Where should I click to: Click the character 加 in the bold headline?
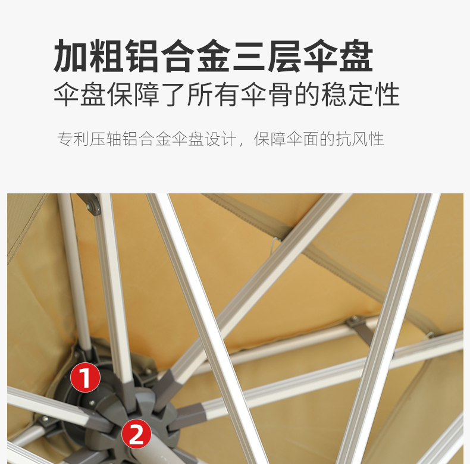pyautogui.click(x=72, y=57)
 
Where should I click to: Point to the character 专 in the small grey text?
pyautogui.click(x=65, y=140)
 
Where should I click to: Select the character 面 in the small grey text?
pyautogui.click(x=311, y=140)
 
